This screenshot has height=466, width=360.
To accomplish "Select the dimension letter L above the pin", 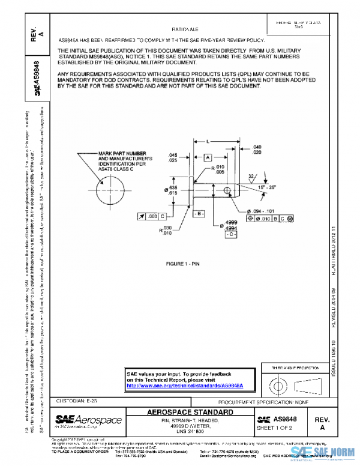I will (x=207, y=142).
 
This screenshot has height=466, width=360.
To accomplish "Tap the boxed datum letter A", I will (x=208, y=157).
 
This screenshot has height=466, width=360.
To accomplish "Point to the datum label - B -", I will (x=199, y=214).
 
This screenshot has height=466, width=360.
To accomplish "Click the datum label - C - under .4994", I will (x=230, y=234).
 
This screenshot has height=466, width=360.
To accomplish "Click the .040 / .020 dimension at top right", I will (x=257, y=150).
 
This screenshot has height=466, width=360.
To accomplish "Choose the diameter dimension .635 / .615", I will (x=173, y=192).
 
